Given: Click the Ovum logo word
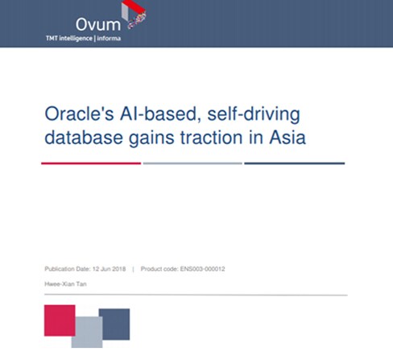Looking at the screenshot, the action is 98,25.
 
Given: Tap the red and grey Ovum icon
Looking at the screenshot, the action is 134,14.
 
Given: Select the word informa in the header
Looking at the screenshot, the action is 109,39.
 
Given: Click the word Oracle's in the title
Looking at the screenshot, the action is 79,114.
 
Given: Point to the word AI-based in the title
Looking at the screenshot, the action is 160,114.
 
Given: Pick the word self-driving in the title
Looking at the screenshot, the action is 254,114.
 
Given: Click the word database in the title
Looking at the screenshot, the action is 84,138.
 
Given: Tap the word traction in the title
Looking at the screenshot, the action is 212,138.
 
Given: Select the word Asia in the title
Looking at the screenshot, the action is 288,138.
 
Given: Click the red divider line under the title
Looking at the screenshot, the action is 91,163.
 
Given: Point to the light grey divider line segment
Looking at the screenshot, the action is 192,163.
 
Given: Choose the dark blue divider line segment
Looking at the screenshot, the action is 295,163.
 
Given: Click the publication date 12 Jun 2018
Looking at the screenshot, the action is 109,269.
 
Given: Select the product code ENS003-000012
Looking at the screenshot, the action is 202,269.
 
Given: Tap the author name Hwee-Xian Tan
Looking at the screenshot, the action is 65,284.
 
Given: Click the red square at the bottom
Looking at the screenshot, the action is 60,321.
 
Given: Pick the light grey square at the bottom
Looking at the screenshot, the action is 87,333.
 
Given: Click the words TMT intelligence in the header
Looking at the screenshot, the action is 69,39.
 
